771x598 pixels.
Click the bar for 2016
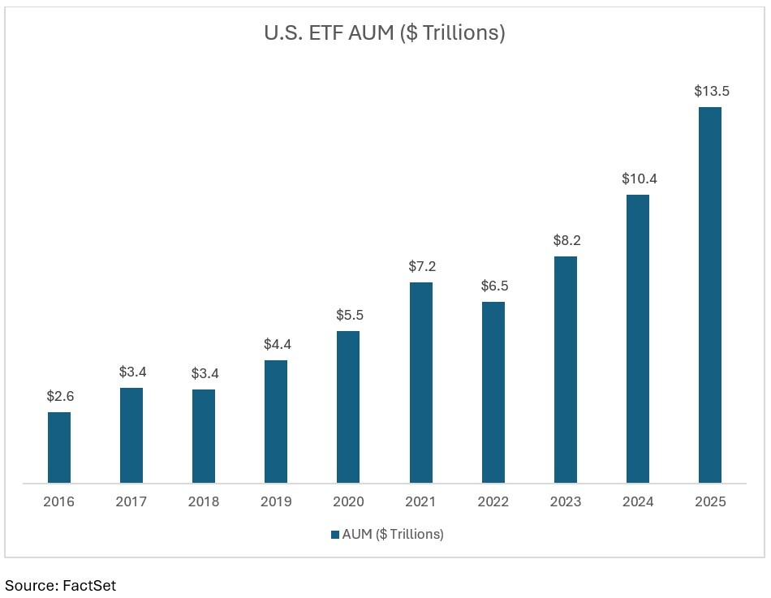59,447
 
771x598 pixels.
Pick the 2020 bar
348,407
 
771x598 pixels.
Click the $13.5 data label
711,91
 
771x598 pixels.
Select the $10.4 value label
638,179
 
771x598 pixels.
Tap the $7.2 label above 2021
421,266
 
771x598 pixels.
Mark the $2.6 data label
59,396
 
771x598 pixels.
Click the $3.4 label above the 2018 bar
204,373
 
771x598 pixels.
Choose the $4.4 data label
276,344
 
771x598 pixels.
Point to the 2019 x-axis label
276,501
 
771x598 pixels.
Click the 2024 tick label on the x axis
638,501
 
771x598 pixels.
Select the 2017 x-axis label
131,501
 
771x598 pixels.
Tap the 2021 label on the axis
421,501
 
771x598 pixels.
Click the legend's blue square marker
335,534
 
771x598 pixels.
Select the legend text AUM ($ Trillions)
393,534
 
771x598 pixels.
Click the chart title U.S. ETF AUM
385,33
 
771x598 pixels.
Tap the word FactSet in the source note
89,584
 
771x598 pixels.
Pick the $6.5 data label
493,286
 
